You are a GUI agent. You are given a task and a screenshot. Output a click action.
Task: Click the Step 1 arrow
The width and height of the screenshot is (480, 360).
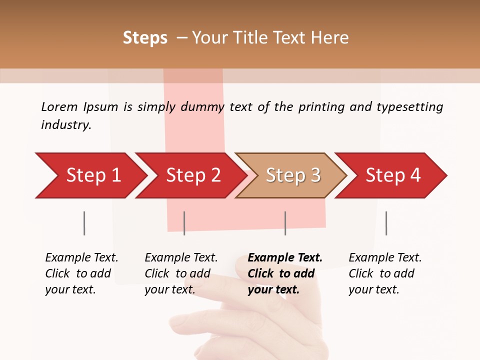[92, 175]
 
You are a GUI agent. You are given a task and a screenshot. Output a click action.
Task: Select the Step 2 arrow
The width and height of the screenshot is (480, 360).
[192, 175]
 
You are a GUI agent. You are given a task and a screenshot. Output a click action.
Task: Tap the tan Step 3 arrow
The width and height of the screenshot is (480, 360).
[292, 175]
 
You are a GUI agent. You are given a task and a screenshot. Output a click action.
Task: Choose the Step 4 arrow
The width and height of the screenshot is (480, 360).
[392, 175]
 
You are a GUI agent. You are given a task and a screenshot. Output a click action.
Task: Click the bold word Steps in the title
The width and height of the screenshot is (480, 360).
[145, 38]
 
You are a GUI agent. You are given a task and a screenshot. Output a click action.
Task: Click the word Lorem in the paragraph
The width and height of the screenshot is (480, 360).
[59, 107]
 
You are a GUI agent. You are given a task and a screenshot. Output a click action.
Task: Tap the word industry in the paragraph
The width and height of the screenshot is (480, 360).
[66, 125]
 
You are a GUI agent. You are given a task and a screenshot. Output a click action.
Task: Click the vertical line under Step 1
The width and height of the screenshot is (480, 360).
[84, 223]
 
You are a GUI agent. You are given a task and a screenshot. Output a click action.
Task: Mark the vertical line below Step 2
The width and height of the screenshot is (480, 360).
[184, 223]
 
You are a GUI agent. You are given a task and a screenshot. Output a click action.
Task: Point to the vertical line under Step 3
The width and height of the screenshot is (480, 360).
[285, 223]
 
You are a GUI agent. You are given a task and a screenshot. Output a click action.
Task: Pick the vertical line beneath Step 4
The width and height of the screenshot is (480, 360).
[386, 223]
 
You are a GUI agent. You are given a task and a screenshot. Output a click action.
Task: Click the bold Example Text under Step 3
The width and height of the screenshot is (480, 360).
[285, 258]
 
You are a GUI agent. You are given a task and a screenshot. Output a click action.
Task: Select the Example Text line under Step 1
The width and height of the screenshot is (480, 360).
[81, 258]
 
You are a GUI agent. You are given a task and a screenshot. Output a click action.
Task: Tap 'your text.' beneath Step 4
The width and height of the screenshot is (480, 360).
[373, 290]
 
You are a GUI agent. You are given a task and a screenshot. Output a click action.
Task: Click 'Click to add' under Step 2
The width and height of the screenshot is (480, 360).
[177, 274]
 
